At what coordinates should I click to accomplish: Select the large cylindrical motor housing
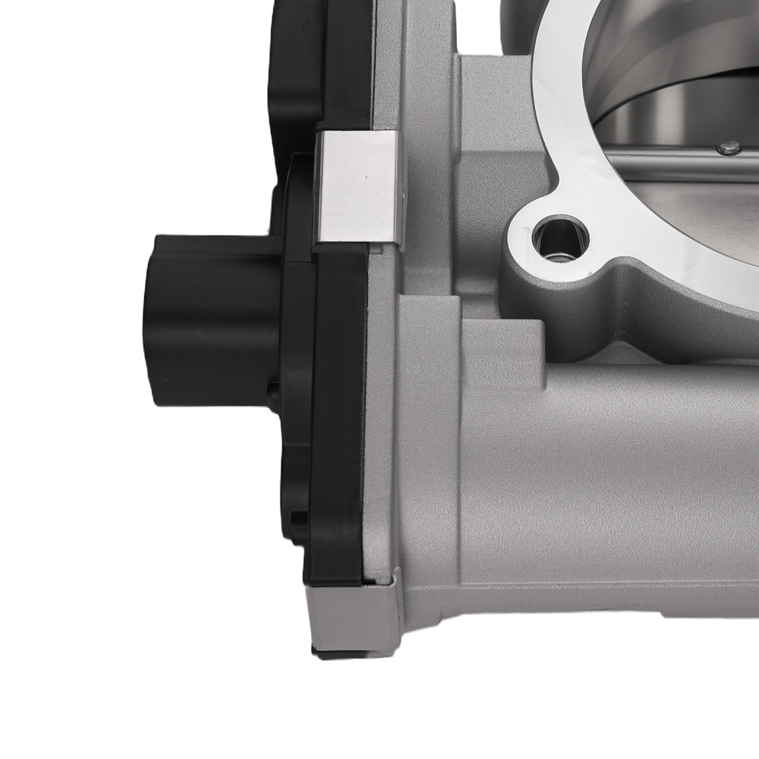[x=607, y=471]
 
